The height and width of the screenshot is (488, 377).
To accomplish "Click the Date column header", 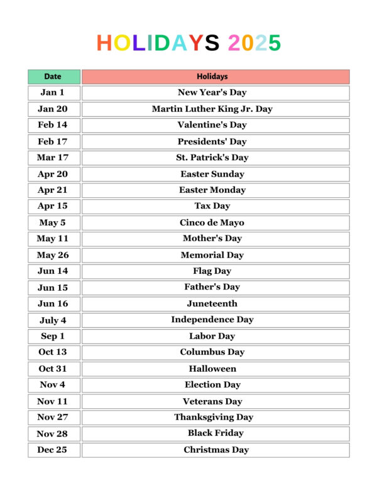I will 53,77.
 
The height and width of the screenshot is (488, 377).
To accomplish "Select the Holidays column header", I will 215,77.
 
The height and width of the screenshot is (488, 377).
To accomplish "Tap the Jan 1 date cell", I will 53,93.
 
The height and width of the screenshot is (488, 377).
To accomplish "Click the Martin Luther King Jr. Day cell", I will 215,109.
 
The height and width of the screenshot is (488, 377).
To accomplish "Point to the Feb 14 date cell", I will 53,125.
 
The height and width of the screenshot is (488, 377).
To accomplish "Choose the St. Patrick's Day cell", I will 215,158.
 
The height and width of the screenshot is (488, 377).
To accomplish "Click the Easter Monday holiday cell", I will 215,190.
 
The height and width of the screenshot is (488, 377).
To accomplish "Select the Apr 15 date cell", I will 53,206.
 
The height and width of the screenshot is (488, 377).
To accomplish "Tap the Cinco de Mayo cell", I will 215,223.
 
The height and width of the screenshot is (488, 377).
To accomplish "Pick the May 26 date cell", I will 53,255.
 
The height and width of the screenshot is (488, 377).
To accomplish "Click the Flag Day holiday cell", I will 215,271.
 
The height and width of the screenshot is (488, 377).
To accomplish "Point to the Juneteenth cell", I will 215,304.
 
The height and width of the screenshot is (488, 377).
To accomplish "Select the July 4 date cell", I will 53,320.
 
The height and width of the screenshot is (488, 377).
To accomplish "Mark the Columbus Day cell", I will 215,352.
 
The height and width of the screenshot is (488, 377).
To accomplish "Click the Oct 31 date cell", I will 53,369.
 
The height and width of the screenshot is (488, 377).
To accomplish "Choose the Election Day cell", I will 215,385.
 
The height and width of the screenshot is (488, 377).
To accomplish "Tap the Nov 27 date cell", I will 53,418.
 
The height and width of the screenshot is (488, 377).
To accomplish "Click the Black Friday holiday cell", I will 215,433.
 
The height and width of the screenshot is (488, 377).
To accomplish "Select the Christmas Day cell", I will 215,450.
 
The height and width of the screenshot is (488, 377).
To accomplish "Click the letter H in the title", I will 104,43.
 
